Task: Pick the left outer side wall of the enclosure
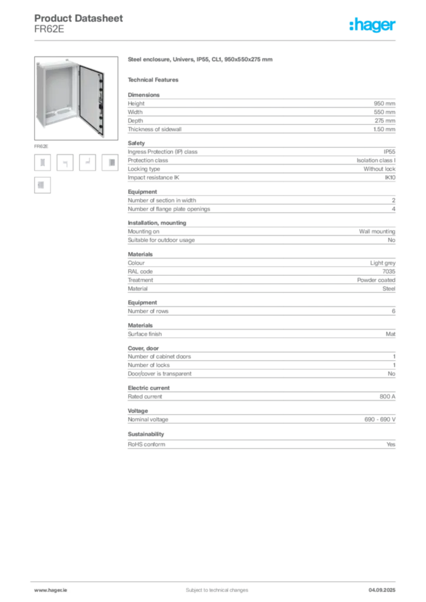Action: (x=41, y=94)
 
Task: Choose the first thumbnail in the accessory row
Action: (x=42, y=163)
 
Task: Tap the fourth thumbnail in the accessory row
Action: (x=110, y=163)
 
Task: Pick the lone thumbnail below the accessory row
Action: (x=42, y=186)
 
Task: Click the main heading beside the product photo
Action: (x=199, y=60)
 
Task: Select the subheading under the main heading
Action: (x=155, y=79)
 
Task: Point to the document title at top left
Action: (x=79, y=18)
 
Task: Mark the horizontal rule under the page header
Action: (x=216, y=39)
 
